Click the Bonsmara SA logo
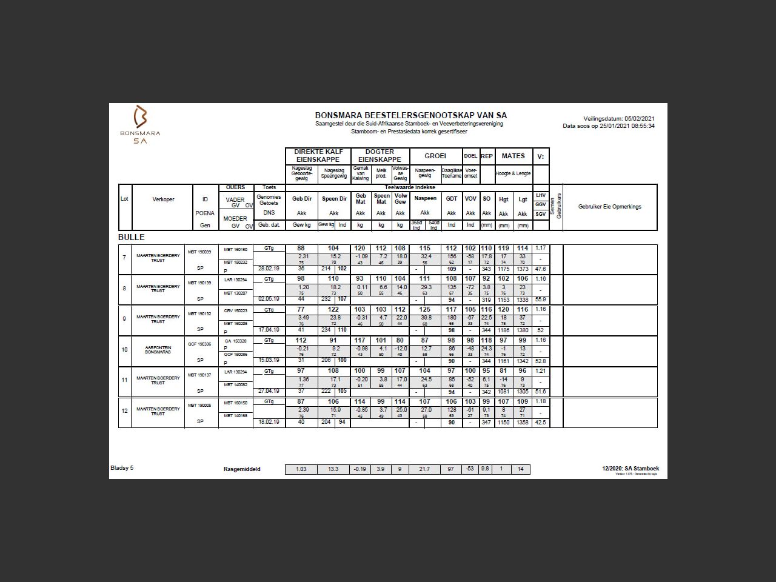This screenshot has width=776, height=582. pyautogui.click(x=140, y=124)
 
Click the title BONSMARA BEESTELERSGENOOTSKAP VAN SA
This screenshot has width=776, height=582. pyautogui.click(x=410, y=115)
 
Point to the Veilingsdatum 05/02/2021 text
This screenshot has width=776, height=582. pyautogui.click(x=618, y=119)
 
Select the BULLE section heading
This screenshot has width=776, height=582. pyautogui.click(x=132, y=237)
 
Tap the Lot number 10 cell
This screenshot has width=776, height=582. pyautogui.click(x=125, y=350)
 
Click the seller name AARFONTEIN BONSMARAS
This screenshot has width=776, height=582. pyautogui.click(x=158, y=350)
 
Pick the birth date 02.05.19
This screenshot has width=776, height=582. pyautogui.click(x=269, y=299)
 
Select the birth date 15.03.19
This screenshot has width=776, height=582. pyautogui.click(x=269, y=360)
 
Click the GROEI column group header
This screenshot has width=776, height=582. pyautogui.click(x=435, y=156)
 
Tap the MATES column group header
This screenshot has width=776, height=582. pyautogui.click(x=513, y=156)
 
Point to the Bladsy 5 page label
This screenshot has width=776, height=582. pyautogui.click(x=122, y=468)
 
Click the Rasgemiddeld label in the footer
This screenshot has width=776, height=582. pyautogui.click(x=242, y=469)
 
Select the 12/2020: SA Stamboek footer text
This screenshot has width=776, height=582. pyautogui.click(x=630, y=468)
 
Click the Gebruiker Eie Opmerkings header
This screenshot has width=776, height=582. pyautogui.click(x=609, y=207)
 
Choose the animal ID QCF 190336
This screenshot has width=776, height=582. pyautogui.click(x=199, y=344)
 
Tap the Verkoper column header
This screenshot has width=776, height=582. pyautogui.click(x=163, y=199)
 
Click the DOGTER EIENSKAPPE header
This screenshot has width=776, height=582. pyautogui.click(x=380, y=156)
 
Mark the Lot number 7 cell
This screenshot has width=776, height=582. pyautogui.click(x=125, y=258)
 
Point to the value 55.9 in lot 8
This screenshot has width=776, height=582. pyautogui.click(x=540, y=299)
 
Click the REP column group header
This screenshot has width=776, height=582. pyautogui.click(x=487, y=156)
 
